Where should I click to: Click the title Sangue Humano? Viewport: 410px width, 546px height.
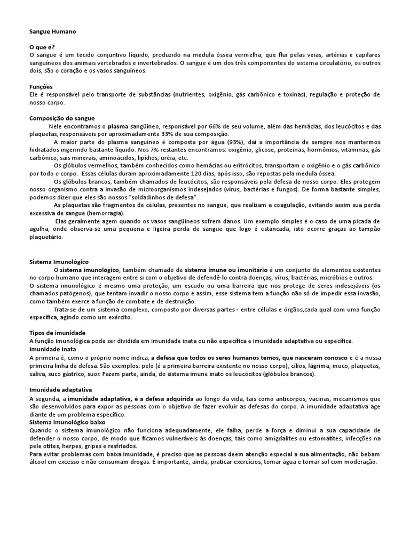pos(53,32)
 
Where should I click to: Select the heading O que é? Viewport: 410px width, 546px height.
pos(42,47)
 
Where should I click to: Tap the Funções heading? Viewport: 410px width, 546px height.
pos(41,86)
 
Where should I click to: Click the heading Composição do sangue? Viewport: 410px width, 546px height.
pos(61,118)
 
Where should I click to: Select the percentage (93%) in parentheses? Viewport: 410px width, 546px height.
pos(235,142)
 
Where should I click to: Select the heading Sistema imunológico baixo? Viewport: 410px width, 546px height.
pos(67,422)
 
